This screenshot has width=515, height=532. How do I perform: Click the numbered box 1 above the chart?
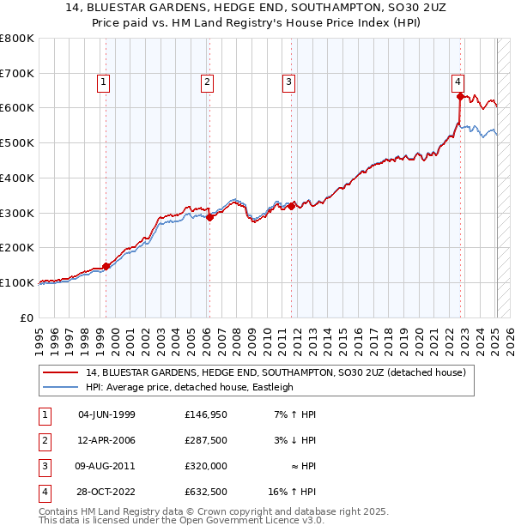click(x=103, y=82)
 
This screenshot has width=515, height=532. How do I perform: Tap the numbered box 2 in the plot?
click(x=208, y=82)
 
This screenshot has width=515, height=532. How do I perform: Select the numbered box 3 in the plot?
click(x=288, y=82)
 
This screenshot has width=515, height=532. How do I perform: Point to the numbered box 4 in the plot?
click(x=458, y=82)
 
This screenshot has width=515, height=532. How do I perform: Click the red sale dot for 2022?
click(x=460, y=96)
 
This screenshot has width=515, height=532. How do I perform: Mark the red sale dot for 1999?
click(x=106, y=266)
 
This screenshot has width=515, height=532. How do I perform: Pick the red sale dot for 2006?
click(x=209, y=217)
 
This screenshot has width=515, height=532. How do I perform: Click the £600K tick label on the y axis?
click(x=17, y=108)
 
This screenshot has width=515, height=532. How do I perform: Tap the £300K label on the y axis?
click(x=17, y=213)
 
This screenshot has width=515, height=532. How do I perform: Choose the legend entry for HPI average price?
click(x=189, y=387)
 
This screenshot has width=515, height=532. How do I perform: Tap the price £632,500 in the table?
click(x=205, y=492)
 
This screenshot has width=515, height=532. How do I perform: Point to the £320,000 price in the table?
click(x=205, y=466)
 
